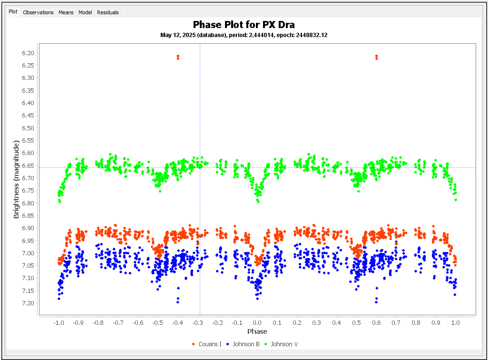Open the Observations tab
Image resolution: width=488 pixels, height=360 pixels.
point(38,12)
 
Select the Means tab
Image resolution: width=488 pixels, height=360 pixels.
point(66,12)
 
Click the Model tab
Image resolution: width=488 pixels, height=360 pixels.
point(85,12)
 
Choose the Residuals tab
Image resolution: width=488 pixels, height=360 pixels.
point(107,12)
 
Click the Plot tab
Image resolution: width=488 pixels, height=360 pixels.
point(13,12)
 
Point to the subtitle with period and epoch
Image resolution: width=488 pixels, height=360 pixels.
point(244,35)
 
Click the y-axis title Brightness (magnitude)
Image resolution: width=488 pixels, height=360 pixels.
point(16,179)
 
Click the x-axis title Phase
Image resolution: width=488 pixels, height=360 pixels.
point(257,331)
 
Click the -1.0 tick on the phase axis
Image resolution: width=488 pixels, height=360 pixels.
point(59,322)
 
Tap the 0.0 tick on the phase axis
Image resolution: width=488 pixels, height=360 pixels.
point(257,322)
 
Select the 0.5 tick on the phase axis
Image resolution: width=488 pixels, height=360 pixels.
point(356,322)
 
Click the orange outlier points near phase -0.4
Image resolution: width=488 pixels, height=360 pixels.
point(178,57)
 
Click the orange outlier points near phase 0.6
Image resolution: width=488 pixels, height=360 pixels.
point(376,57)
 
